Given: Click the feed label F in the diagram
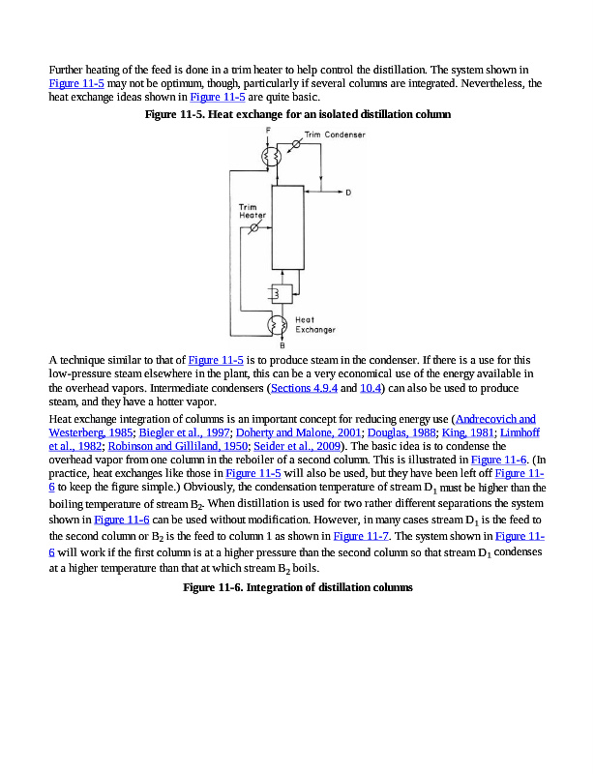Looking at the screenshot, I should pos(267,130).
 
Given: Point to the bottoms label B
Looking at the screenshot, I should pos(282,344).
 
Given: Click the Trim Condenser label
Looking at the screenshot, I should pos(335,134).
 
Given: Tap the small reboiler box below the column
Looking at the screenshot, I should pos(282,293).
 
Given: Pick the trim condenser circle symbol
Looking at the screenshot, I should pos(296,144).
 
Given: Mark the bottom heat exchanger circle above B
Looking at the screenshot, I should pos(279,324).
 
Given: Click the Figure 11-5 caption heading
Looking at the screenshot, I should pos(297,114).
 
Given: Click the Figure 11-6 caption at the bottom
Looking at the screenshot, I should pos(297,587).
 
